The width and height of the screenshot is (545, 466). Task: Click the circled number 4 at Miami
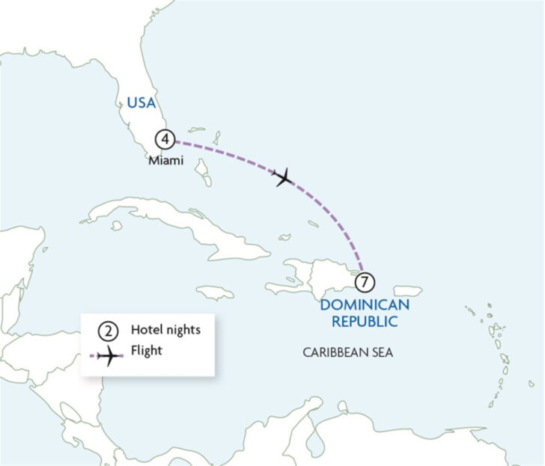165,139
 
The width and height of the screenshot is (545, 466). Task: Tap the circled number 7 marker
365,283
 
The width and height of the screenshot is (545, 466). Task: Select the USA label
142,103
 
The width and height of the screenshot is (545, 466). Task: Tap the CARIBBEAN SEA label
347,352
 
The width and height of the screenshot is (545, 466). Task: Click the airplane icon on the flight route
283,177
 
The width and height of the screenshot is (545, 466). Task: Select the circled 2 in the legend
107,330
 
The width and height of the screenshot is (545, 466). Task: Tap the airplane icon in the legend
109,357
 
